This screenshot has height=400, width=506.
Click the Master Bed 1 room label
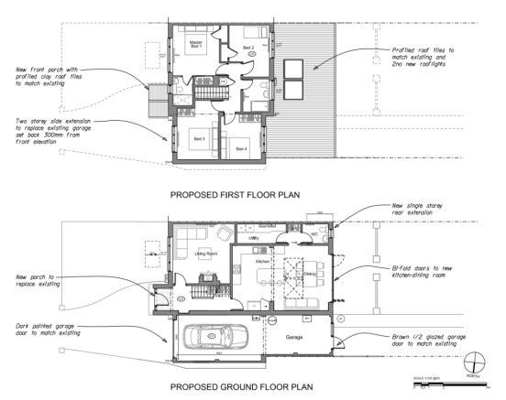click(x=195, y=43)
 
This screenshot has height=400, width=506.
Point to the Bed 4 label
click(x=240, y=148)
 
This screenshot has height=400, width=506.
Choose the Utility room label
click(x=254, y=238)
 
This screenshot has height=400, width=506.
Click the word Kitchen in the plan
click(x=264, y=261)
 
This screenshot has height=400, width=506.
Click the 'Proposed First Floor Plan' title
click(x=247, y=195)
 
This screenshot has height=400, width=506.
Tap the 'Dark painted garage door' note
click(x=44, y=328)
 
